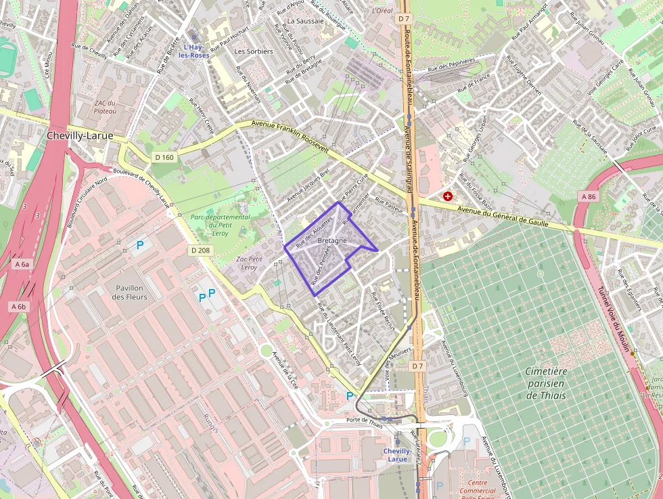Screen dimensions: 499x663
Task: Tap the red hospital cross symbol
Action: click(448, 196)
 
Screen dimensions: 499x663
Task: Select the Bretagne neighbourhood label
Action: click(331, 241)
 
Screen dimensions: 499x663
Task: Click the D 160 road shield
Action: click(164, 157)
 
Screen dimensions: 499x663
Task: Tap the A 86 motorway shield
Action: click(587, 196)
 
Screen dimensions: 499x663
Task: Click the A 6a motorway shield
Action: click(20, 264)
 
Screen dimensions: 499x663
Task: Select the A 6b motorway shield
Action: click(18, 307)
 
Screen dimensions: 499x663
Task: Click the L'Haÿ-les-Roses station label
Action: click(196, 51)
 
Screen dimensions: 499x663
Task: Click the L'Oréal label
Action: click(382, 12)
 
